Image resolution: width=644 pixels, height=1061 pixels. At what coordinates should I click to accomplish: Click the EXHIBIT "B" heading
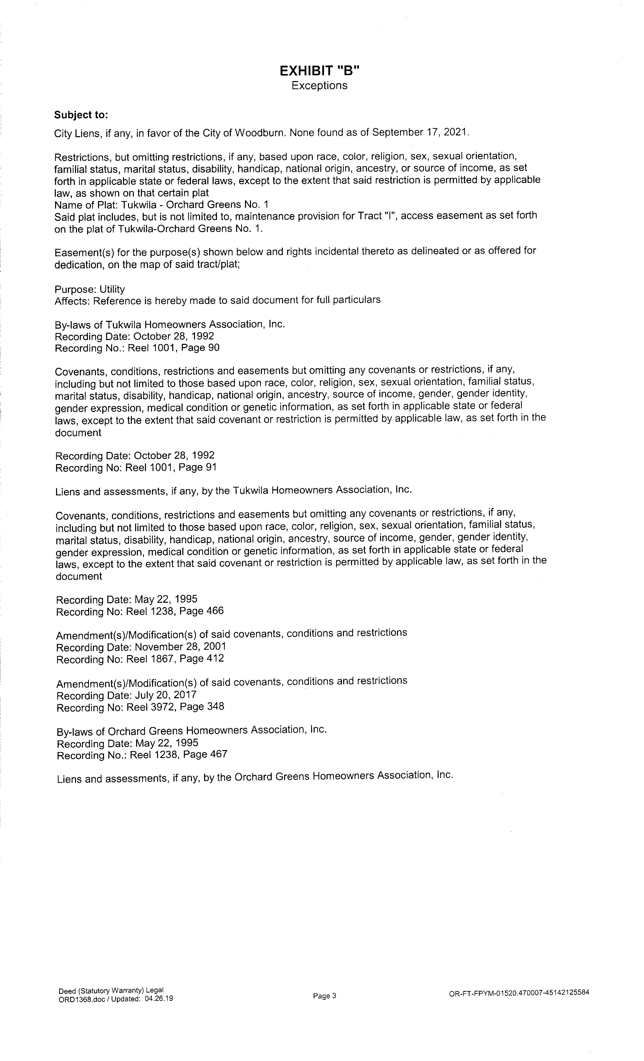click(319, 70)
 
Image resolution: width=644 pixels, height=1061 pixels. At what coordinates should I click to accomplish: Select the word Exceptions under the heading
click(319, 85)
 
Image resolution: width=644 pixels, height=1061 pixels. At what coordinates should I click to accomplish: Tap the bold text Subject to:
click(81, 115)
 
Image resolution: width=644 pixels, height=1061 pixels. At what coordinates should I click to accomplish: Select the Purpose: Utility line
click(90, 289)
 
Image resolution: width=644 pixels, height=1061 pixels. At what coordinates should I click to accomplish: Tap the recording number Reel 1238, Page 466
click(175, 611)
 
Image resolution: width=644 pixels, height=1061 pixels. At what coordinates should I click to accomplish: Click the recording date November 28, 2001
click(180, 647)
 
